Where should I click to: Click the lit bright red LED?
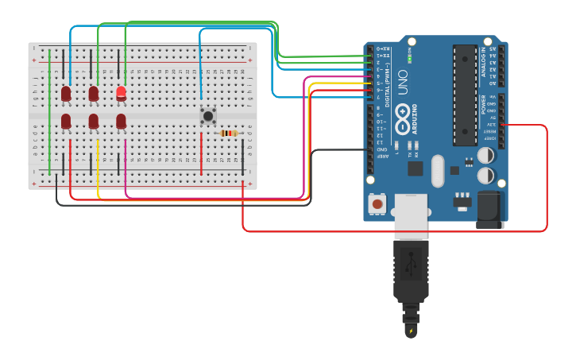[x=121, y=93]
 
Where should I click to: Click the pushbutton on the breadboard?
[x=208, y=115]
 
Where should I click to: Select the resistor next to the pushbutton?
[x=229, y=133]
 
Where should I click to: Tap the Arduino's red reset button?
[x=377, y=204]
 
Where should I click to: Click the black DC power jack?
[x=489, y=210]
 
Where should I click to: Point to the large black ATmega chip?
[x=464, y=95]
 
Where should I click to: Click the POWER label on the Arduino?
[x=484, y=104]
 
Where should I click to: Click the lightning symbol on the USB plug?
[x=411, y=331]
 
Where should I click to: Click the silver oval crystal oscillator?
[x=437, y=170]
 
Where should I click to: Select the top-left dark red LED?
[x=66, y=94]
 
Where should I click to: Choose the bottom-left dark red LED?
[x=66, y=121]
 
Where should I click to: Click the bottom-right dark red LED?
[x=121, y=121]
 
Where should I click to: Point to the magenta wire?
[x=126, y=171]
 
